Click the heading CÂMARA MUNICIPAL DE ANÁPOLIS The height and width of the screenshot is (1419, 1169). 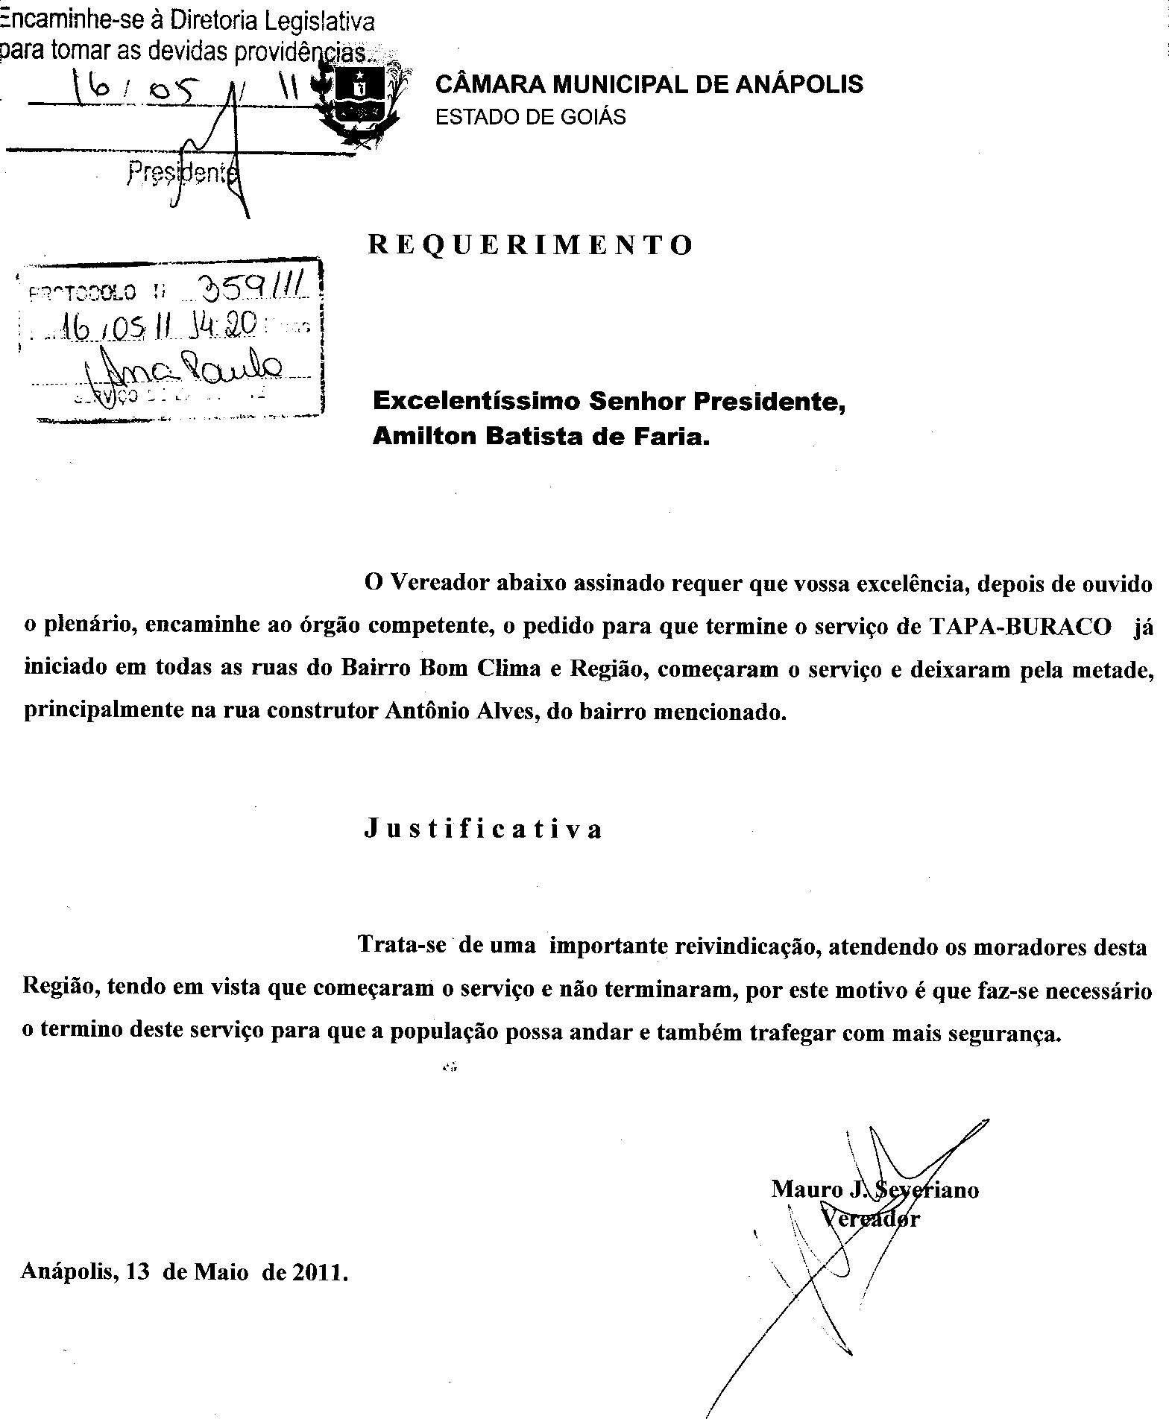(x=649, y=84)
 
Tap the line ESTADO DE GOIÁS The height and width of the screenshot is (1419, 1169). (x=530, y=117)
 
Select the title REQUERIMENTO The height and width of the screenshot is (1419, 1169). (x=531, y=244)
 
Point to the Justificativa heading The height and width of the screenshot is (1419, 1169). (x=483, y=829)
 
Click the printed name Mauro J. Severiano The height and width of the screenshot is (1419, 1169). (x=875, y=1189)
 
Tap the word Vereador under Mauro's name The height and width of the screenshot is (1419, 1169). (x=870, y=1219)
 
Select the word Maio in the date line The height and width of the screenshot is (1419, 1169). (x=221, y=1271)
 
